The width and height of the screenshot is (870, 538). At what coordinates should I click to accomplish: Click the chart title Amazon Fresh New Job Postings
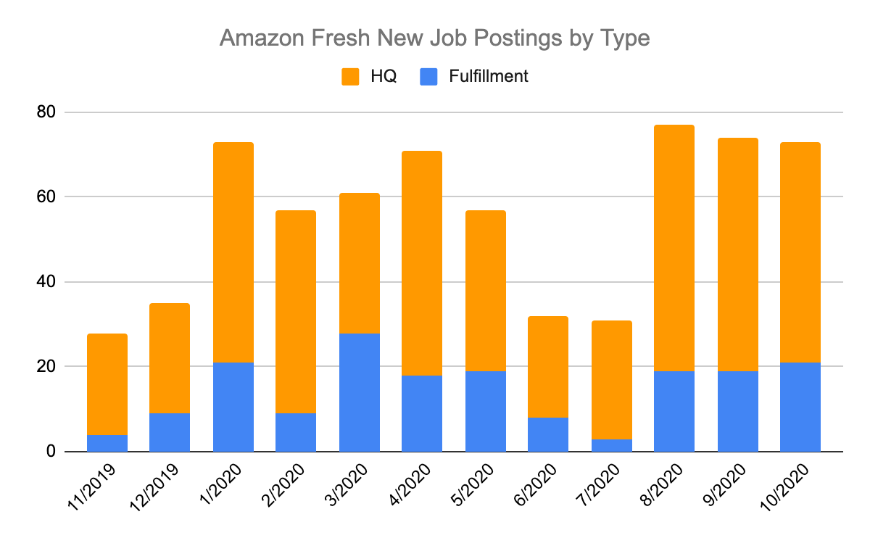click(x=434, y=38)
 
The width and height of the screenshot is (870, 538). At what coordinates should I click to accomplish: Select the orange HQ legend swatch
click(x=351, y=76)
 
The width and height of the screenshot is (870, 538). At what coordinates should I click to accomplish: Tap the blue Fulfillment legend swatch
click(x=429, y=76)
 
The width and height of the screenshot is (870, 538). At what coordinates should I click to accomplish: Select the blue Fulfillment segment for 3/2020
click(x=359, y=392)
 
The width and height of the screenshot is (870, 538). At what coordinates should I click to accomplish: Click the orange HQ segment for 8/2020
click(x=674, y=248)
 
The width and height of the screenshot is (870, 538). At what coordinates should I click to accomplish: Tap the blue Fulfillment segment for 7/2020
click(x=611, y=445)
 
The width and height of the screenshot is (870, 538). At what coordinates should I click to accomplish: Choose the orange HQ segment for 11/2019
click(x=107, y=384)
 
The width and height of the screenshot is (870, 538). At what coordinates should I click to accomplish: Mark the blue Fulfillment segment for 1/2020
click(x=233, y=407)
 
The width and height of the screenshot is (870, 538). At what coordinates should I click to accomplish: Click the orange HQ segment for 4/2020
click(x=421, y=263)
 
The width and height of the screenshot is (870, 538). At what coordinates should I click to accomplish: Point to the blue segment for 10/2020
click(x=800, y=407)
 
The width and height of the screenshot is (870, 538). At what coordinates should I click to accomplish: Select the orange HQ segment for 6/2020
click(x=547, y=367)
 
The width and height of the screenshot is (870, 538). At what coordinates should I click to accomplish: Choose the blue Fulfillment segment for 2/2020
click(x=296, y=432)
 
